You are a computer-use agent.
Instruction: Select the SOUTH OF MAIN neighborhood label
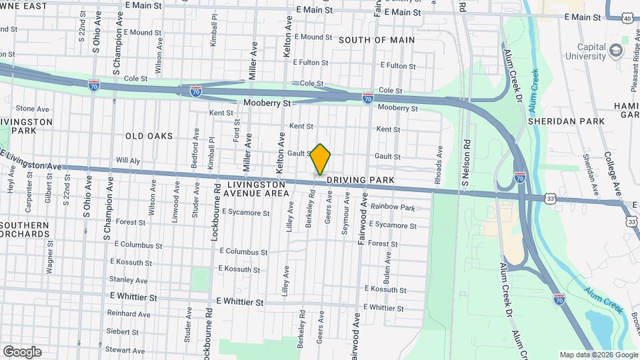click(376, 40)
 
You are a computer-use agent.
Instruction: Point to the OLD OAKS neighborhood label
click(149, 136)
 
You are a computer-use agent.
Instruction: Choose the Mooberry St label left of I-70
click(267, 103)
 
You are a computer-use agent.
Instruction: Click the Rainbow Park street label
click(393, 207)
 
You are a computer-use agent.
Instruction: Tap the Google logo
click(22, 352)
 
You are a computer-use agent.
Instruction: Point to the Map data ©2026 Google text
click(598, 355)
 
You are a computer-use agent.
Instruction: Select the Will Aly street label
click(128, 161)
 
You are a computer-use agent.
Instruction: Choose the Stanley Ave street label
click(128, 280)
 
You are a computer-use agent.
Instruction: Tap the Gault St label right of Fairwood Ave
click(387, 156)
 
